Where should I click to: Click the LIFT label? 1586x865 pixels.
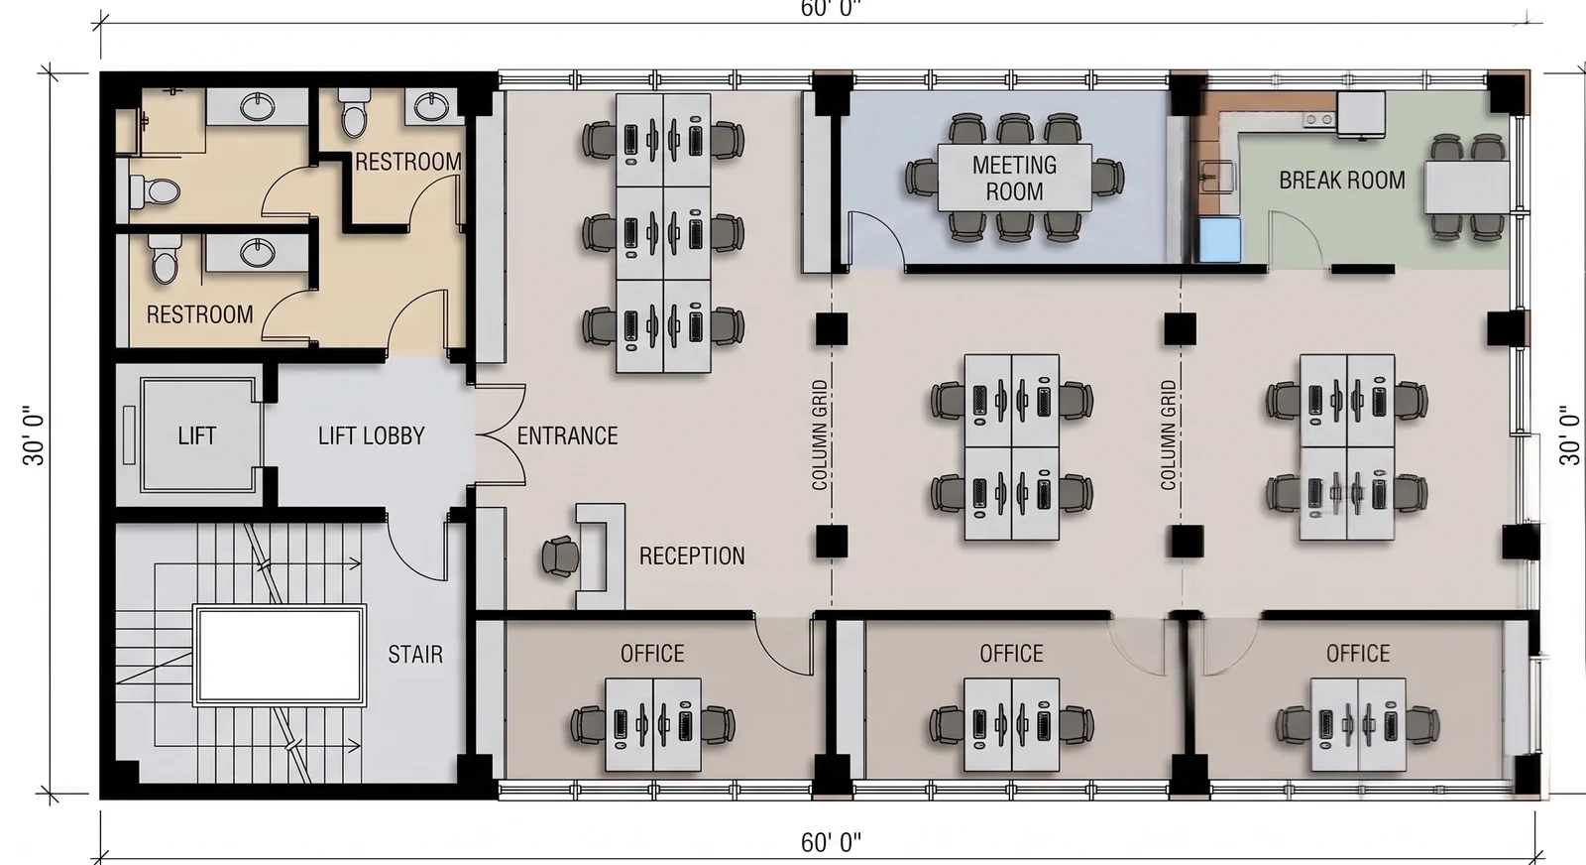click(197, 435)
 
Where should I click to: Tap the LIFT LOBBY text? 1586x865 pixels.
click(371, 435)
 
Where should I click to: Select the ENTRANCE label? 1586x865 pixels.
click(567, 435)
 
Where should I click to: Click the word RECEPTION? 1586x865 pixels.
click(692, 556)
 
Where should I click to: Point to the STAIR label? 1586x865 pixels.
click(415, 654)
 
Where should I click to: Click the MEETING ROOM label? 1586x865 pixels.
click(1014, 178)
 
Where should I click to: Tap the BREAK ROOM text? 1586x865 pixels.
click(1342, 181)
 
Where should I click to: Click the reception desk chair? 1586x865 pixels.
click(560, 556)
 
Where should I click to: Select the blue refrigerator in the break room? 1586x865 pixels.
click(1219, 239)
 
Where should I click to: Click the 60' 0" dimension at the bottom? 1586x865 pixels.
click(832, 843)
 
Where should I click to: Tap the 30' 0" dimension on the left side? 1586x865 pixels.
click(34, 435)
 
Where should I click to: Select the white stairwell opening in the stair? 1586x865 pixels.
click(280, 656)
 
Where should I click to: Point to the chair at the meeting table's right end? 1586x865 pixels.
click(1106, 178)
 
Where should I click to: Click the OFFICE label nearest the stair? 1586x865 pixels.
click(652, 653)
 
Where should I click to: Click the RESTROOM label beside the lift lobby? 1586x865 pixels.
click(199, 314)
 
